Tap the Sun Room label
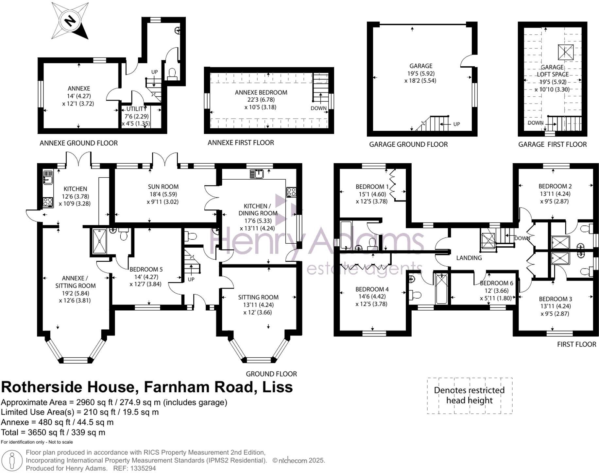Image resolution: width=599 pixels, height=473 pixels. (163, 187)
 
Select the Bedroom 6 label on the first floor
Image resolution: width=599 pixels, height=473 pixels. (496, 283)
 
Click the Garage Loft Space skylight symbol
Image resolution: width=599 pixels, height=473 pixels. (565, 52)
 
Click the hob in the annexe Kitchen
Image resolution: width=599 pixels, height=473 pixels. (48, 202)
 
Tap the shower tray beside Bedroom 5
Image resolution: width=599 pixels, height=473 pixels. (99, 241)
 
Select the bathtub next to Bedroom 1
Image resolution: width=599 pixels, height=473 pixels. (346, 235)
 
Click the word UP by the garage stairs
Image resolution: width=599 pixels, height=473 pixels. (456, 124)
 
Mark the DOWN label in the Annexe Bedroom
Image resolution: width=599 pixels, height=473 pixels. (318, 108)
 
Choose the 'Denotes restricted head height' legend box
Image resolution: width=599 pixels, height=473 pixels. (469, 396)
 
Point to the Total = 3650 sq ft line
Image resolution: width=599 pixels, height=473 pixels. (53, 432)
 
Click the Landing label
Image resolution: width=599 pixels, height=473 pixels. (469, 258)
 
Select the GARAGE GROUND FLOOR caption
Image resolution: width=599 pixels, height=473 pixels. (408, 144)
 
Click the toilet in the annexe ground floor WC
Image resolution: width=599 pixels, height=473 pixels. (172, 73)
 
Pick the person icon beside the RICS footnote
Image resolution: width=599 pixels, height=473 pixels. (12, 460)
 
